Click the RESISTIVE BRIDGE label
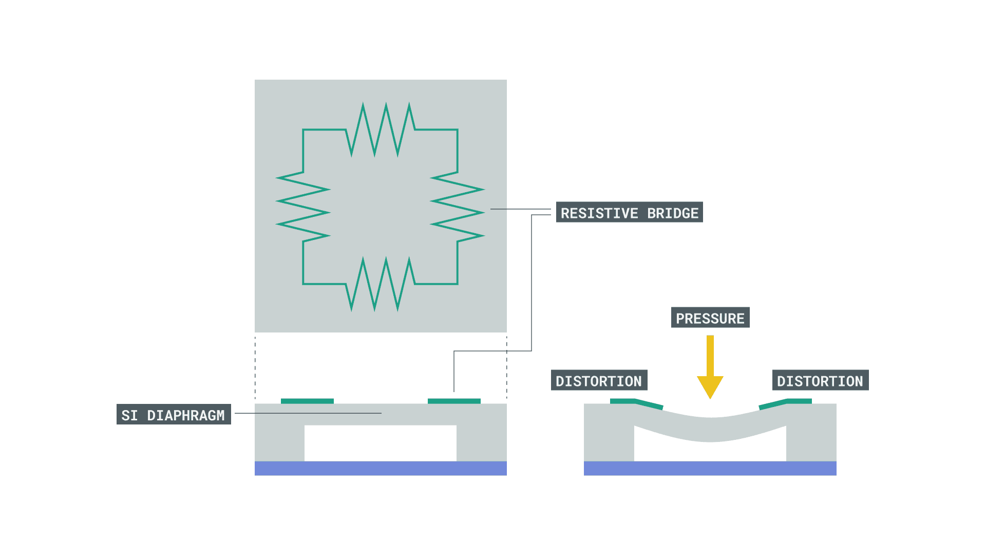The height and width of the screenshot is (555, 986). coord(629,212)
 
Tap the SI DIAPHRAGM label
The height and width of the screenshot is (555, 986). coord(174,414)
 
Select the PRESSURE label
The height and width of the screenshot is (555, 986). coord(710,318)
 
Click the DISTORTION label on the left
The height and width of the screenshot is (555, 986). coord(599,380)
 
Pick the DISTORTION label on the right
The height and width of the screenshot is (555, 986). coord(820,380)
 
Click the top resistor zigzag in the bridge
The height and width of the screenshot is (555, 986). coord(381,129)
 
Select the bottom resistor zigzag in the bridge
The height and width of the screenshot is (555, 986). coord(381,284)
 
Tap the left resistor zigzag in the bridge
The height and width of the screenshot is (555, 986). coord(303,207)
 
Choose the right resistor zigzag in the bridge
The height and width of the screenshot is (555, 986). coord(457,207)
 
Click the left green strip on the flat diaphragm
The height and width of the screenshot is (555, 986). coord(307,401)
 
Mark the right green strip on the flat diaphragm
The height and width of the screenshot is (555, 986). coord(454,401)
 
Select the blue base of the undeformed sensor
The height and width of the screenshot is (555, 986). coord(381,468)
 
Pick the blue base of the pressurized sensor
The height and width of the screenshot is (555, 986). coord(710,468)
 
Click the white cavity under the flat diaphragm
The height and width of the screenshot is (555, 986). coord(381,443)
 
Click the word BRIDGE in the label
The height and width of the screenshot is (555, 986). coord(673,213)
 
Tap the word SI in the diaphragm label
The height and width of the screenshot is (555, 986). coord(129,415)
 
